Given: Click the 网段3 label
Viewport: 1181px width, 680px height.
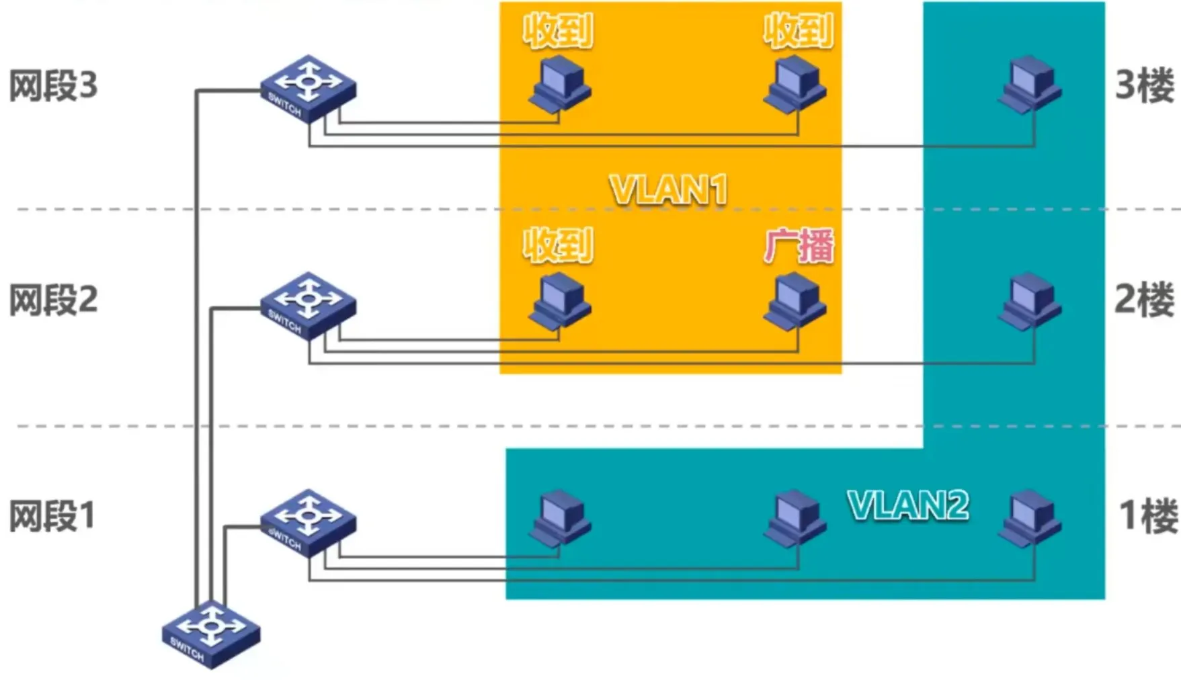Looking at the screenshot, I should pyautogui.click(x=53, y=86).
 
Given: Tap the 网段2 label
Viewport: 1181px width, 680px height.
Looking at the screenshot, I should pyautogui.click(x=53, y=300).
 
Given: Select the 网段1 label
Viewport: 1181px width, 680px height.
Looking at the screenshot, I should pyautogui.click(x=52, y=516).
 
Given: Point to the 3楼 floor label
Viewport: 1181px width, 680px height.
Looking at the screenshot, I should pyautogui.click(x=1144, y=86).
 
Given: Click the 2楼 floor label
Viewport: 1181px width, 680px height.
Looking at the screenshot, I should pyautogui.click(x=1144, y=300).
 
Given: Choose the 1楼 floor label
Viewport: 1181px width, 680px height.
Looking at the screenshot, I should pyautogui.click(x=1147, y=516).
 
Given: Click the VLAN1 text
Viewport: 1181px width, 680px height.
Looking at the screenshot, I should pyautogui.click(x=669, y=189).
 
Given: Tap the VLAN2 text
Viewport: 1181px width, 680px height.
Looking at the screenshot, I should pyautogui.click(x=908, y=505).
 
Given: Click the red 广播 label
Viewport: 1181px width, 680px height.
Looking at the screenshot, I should pyautogui.click(x=799, y=246).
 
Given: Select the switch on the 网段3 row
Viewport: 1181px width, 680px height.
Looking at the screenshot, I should pyautogui.click(x=308, y=88).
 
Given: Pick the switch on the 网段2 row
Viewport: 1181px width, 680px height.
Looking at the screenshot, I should pyautogui.click(x=308, y=305).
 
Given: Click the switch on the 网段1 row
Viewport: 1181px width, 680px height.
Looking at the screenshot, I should pyautogui.click(x=308, y=522).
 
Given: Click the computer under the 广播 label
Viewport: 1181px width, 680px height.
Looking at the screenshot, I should pyautogui.click(x=795, y=302).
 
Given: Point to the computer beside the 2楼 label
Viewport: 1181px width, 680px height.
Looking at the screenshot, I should pyautogui.click(x=1029, y=302).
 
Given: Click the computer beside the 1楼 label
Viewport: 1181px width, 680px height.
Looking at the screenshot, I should pyautogui.click(x=1029, y=518).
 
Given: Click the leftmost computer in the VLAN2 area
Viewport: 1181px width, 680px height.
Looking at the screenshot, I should pyautogui.click(x=559, y=518).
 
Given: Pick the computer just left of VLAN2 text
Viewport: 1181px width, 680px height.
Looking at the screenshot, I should pyautogui.click(x=795, y=518).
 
